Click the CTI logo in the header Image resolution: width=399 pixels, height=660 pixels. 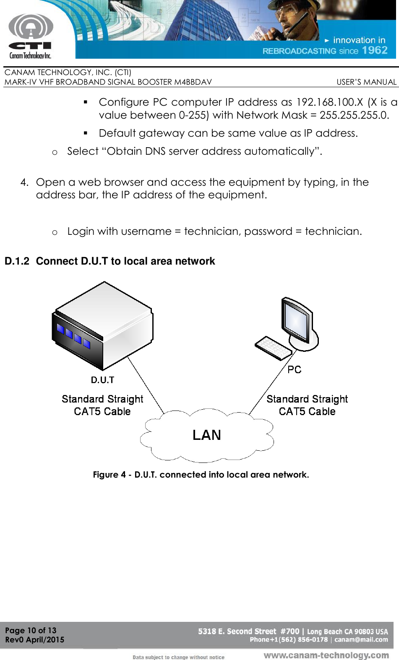pos(31,36)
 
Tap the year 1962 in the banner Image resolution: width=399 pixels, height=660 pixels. pos(375,50)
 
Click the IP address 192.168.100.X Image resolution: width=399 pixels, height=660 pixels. pos(329,102)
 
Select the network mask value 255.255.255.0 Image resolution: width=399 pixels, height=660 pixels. pos(354,115)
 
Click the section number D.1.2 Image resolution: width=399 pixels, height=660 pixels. pos(17,261)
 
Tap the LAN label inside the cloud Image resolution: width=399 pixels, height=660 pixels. pos(206,435)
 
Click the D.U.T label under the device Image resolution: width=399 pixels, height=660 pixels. pos(102,380)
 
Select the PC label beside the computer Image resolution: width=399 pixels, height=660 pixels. pos(294,369)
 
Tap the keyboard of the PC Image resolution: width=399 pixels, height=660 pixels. pos(273,348)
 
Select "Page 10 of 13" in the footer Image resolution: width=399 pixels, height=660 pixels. pos(31,630)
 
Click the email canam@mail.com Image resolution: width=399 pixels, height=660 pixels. pos(361,640)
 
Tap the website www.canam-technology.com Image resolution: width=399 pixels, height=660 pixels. pos(326,655)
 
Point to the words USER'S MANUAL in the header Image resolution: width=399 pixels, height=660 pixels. pos(366,82)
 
